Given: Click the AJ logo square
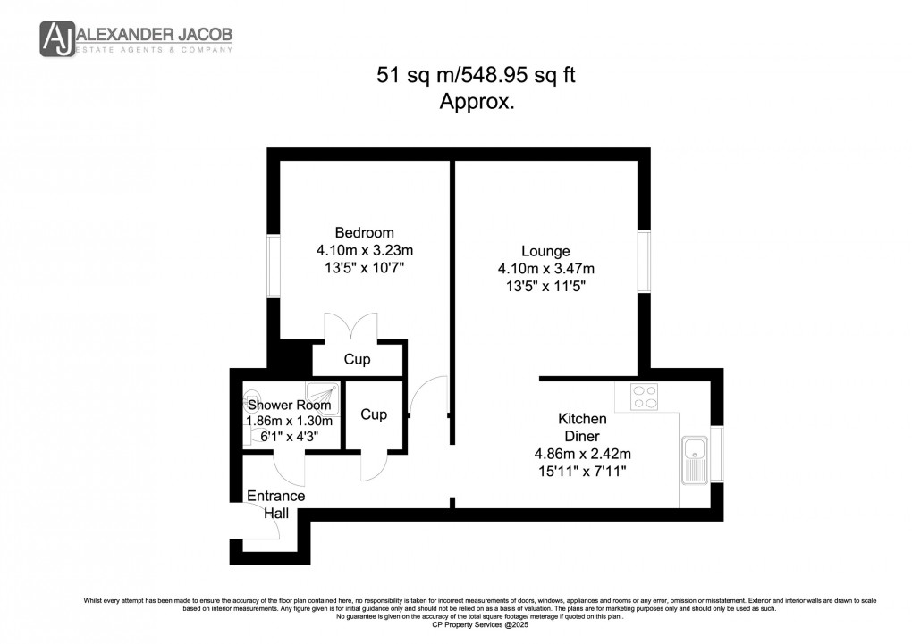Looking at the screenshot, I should point(57,38).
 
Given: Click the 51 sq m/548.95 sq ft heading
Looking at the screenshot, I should point(475,76).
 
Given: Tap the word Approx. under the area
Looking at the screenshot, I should point(477,102).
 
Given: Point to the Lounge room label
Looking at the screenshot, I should point(545,251).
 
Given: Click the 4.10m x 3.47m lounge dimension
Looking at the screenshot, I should point(545,268).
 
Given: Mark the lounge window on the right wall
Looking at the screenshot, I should point(643,261).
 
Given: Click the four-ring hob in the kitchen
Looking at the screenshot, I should point(644,396).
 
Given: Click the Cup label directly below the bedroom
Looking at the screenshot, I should point(358,360).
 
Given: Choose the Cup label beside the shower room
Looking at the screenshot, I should point(374,414).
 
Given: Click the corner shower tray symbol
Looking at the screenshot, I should point(322,393).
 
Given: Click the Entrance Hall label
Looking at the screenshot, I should point(275,504).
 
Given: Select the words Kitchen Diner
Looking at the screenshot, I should point(582,427).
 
